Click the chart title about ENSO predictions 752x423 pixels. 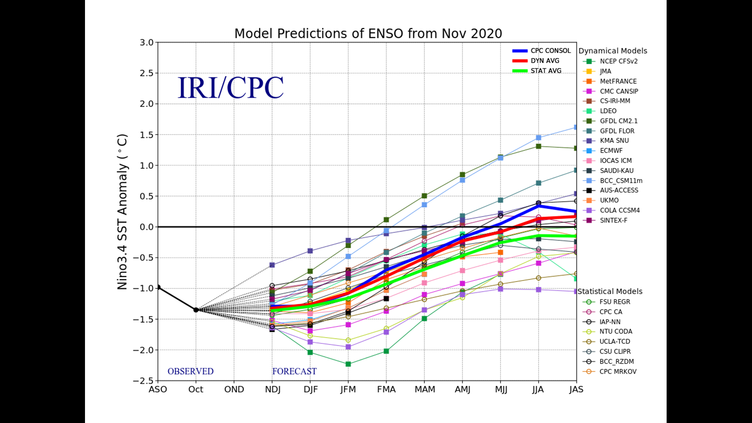tap(368, 34)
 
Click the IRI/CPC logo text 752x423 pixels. tap(230, 88)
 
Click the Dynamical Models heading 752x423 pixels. tap(613, 51)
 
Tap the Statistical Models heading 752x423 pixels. tap(610, 291)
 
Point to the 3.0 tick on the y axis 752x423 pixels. tap(147, 42)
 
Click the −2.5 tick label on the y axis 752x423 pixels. tap(143, 381)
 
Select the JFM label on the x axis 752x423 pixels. tap(348, 390)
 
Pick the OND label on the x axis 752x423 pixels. tap(234, 390)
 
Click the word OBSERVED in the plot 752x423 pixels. tap(190, 371)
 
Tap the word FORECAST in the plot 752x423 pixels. tap(294, 371)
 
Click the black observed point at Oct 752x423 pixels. tap(196, 310)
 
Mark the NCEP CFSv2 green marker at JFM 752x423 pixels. tap(348, 364)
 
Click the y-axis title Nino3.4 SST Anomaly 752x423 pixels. tap(123, 211)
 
